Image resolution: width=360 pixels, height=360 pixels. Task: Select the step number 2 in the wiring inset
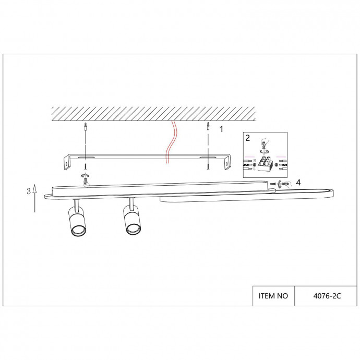(248, 138)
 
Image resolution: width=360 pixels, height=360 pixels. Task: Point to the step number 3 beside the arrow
(28, 191)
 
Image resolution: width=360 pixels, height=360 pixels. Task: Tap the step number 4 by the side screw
(298, 182)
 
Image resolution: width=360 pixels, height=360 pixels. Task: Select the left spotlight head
(77, 222)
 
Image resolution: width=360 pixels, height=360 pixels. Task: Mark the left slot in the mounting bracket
(87, 157)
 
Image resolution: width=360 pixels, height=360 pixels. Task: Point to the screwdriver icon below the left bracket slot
(85, 178)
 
